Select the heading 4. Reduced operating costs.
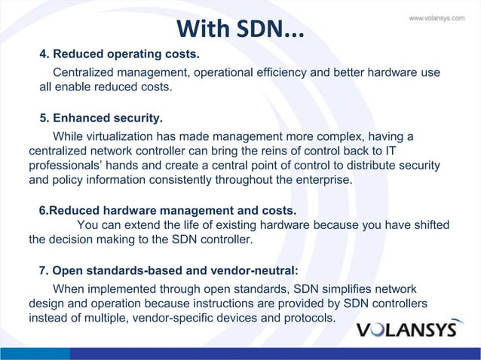pyautogui.click(x=120, y=55)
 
